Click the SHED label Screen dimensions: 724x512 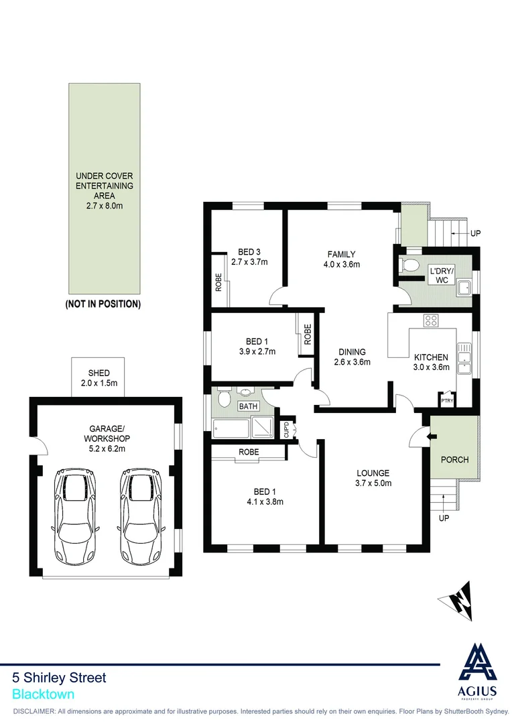click(x=99, y=373)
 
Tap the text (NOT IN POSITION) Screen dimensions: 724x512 click(x=103, y=304)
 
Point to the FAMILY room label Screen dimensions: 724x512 click(x=341, y=254)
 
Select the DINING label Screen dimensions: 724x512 click(x=352, y=352)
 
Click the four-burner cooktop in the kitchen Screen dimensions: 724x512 click(x=430, y=320)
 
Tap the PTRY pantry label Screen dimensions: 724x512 click(x=447, y=401)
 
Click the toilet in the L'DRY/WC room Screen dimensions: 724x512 click(x=408, y=265)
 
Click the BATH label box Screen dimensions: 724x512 click(x=249, y=406)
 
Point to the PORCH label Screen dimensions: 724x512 click(x=454, y=460)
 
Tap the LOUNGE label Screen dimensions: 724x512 click(x=373, y=473)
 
